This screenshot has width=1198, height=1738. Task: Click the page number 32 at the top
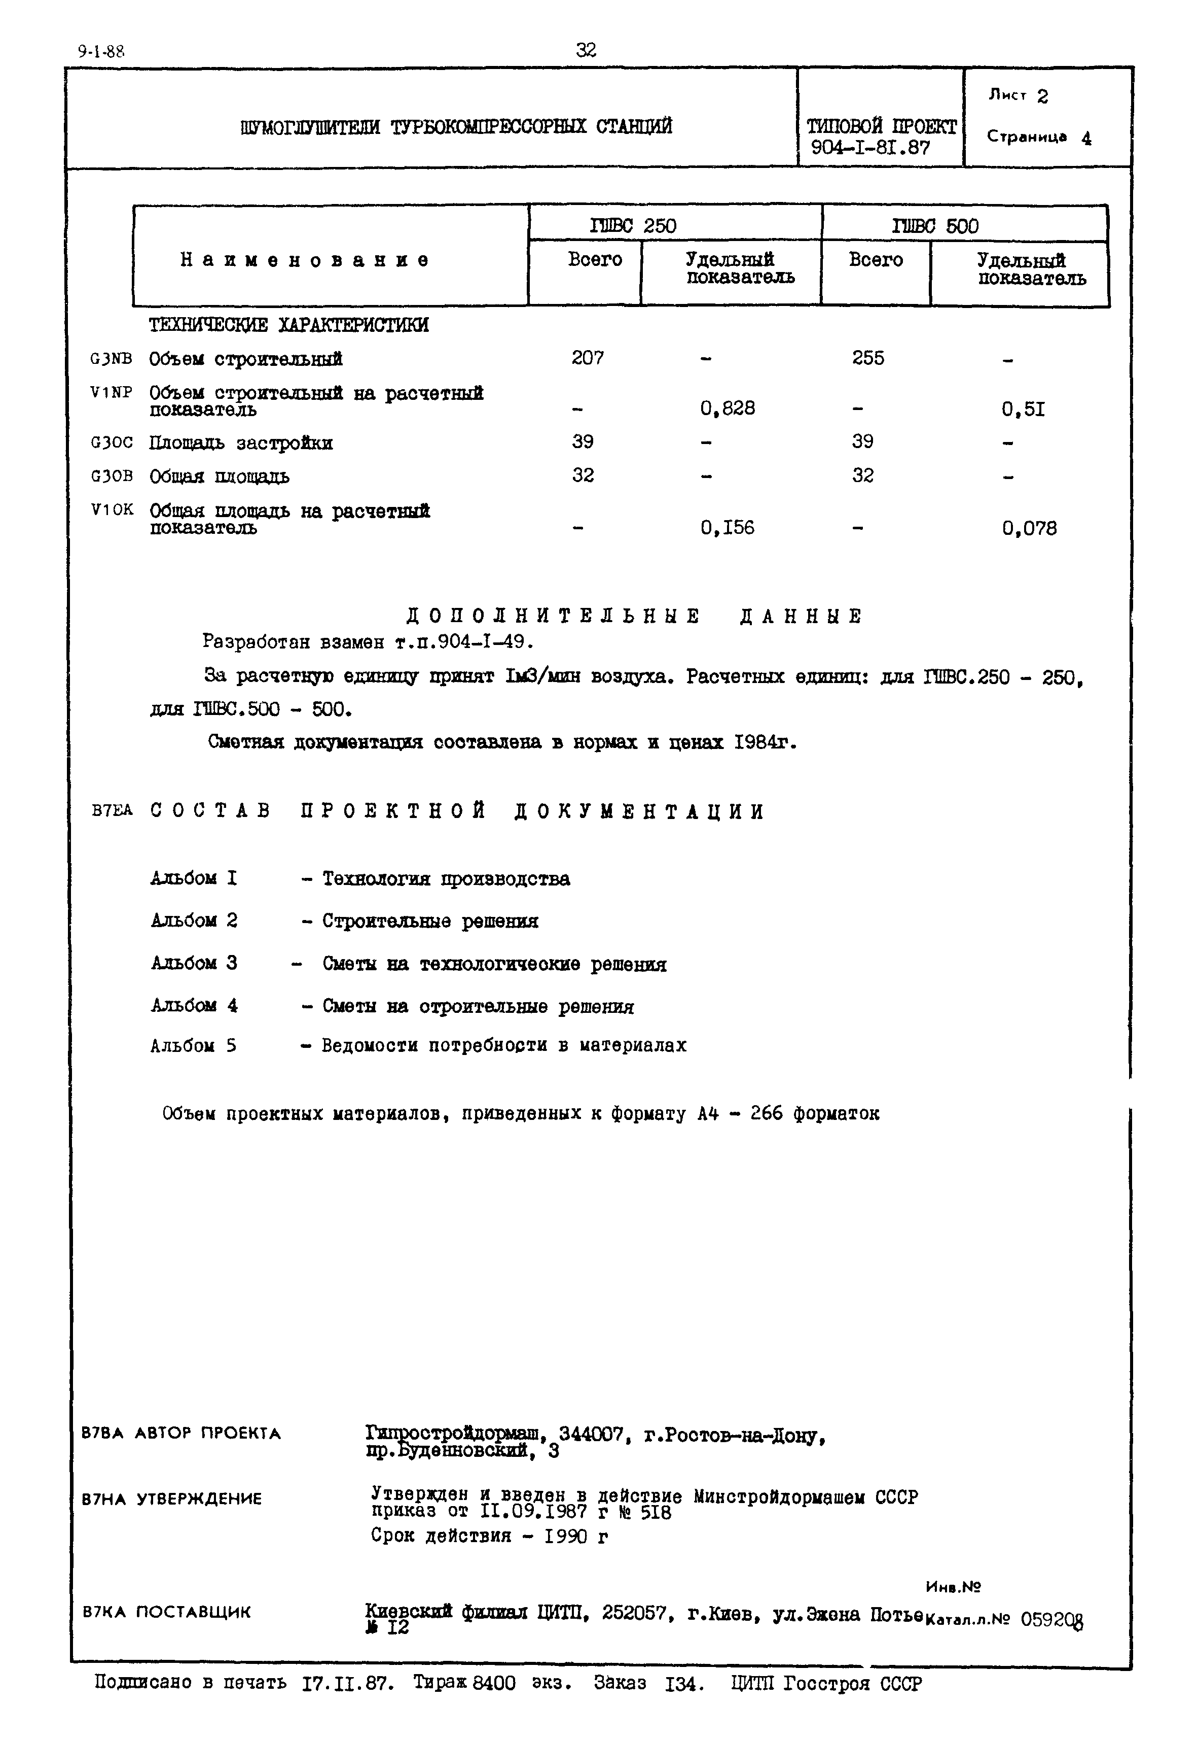(586, 50)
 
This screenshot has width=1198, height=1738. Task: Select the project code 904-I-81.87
(870, 148)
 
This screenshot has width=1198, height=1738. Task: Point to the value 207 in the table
(587, 358)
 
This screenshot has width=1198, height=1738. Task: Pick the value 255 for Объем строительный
(868, 358)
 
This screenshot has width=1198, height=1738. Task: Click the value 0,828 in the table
(728, 408)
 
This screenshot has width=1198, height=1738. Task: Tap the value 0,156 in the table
(728, 528)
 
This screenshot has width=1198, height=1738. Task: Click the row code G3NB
(111, 359)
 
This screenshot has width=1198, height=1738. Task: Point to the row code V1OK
(112, 510)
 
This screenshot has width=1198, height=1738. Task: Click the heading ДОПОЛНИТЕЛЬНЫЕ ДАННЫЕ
(634, 617)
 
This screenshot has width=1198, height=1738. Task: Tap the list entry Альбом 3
(194, 963)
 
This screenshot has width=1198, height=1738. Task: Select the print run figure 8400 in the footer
(494, 1684)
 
